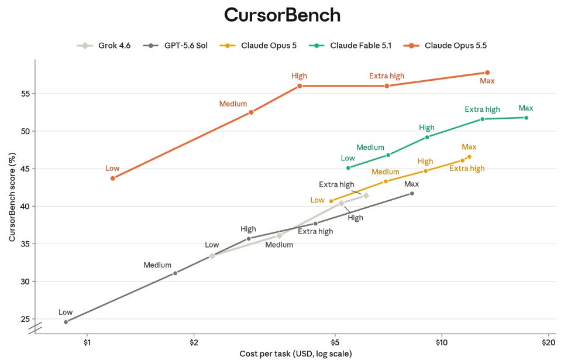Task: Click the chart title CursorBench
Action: click(x=282, y=15)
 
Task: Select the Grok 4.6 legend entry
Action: click(x=104, y=46)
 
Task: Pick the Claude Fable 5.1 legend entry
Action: click(x=350, y=46)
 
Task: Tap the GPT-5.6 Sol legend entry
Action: click(x=176, y=46)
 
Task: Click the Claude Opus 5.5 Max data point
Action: click(x=487, y=73)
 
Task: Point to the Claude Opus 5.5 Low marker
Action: click(x=113, y=178)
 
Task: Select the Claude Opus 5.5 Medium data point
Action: click(x=251, y=112)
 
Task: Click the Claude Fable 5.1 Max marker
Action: click(x=526, y=118)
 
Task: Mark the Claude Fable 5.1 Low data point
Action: click(x=348, y=168)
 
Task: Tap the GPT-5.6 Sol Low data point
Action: click(x=66, y=322)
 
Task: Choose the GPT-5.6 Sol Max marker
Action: click(x=412, y=194)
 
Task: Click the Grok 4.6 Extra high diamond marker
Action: click(x=366, y=196)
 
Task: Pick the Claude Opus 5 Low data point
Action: click(x=331, y=201)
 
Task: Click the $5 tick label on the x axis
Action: click(x=335, y=342)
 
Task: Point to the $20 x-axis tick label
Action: click(x=548, y=342)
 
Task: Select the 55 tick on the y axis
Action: click(x=25, y=94)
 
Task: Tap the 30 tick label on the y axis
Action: click(x=25, y=282)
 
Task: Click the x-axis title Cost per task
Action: click(x=295, y=354)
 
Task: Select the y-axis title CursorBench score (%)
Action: click(x=12, y=197)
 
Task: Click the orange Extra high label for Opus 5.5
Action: click(x=387, y=76)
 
